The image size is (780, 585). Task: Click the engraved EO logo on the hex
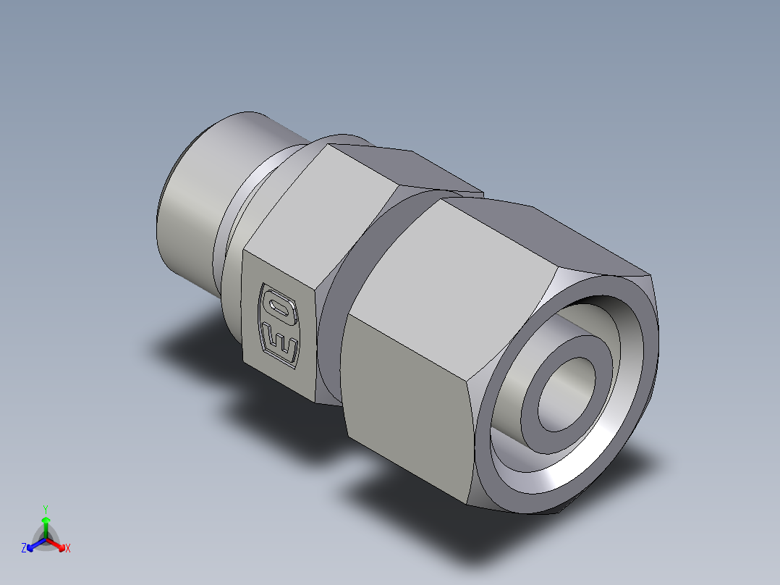(x=279, y=325)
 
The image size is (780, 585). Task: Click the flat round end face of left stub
(x=185, y=210)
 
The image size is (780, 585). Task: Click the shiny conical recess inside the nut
(x=622, y=405)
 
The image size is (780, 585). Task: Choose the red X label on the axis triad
(x=68, y=549)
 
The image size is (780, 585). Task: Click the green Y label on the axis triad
(x=46, y=509)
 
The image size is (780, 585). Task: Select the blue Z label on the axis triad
(x=24, y=549)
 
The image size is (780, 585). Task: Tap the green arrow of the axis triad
(x=46, y=525)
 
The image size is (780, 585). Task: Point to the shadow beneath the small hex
(x=195, y=348)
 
